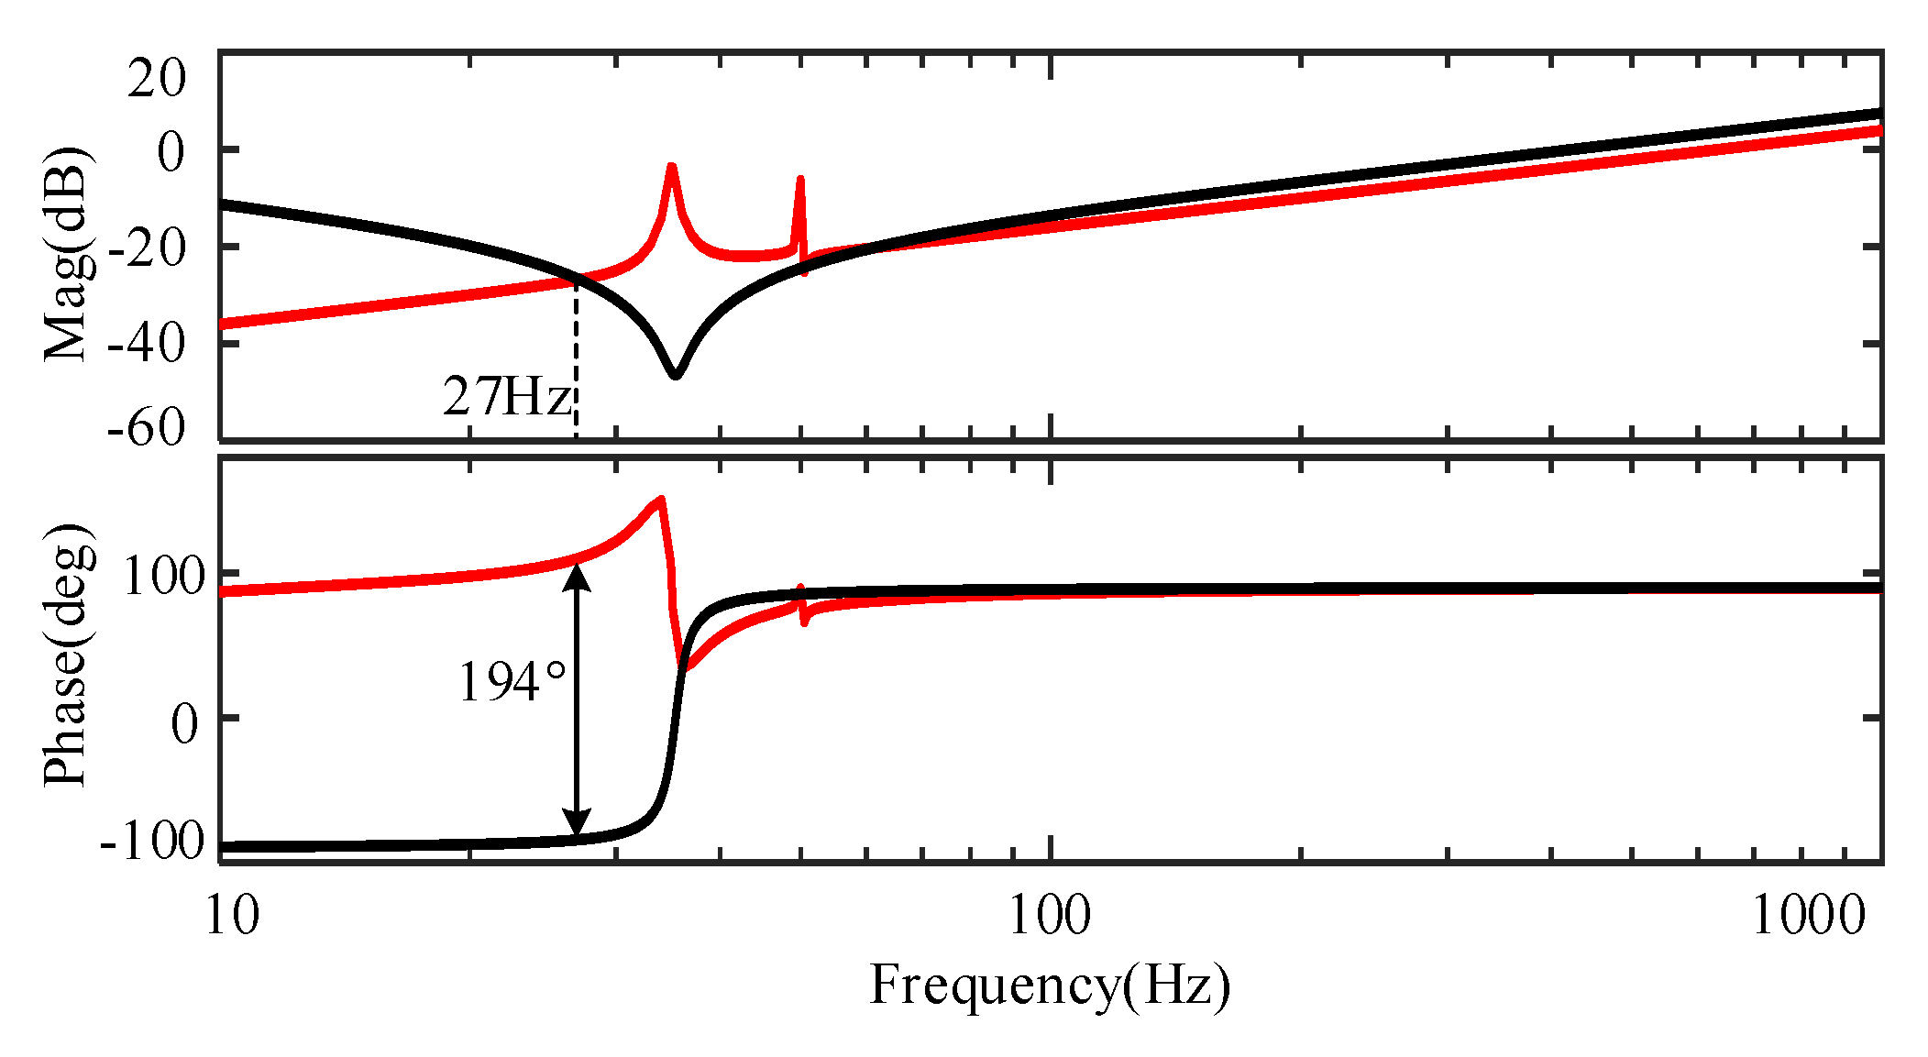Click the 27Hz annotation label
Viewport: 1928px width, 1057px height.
click(x=507, y=398)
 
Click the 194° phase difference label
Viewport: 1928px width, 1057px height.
click(x=512, y=683)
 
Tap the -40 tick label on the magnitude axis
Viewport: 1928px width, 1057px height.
click(x=147, y=344)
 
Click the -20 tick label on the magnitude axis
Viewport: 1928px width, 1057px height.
click(x=147, y=248)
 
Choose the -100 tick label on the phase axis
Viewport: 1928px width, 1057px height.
click(x=152, y=842)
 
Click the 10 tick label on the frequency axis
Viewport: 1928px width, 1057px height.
click(x=231, y=916)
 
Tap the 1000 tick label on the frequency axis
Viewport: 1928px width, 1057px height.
click(x=1808, y=916)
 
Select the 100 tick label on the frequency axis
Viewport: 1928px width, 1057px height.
click(x=1049, y=916)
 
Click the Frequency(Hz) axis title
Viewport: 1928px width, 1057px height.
click(x=1049, y=986)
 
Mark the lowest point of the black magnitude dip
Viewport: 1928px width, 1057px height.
click(x=676, y=374)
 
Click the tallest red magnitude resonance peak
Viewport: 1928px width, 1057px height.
click(x=672, y=168)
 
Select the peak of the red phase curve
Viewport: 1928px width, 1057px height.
click(x=660, y=501)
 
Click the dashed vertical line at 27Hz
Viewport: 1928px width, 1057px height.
click(x=576, y=367)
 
